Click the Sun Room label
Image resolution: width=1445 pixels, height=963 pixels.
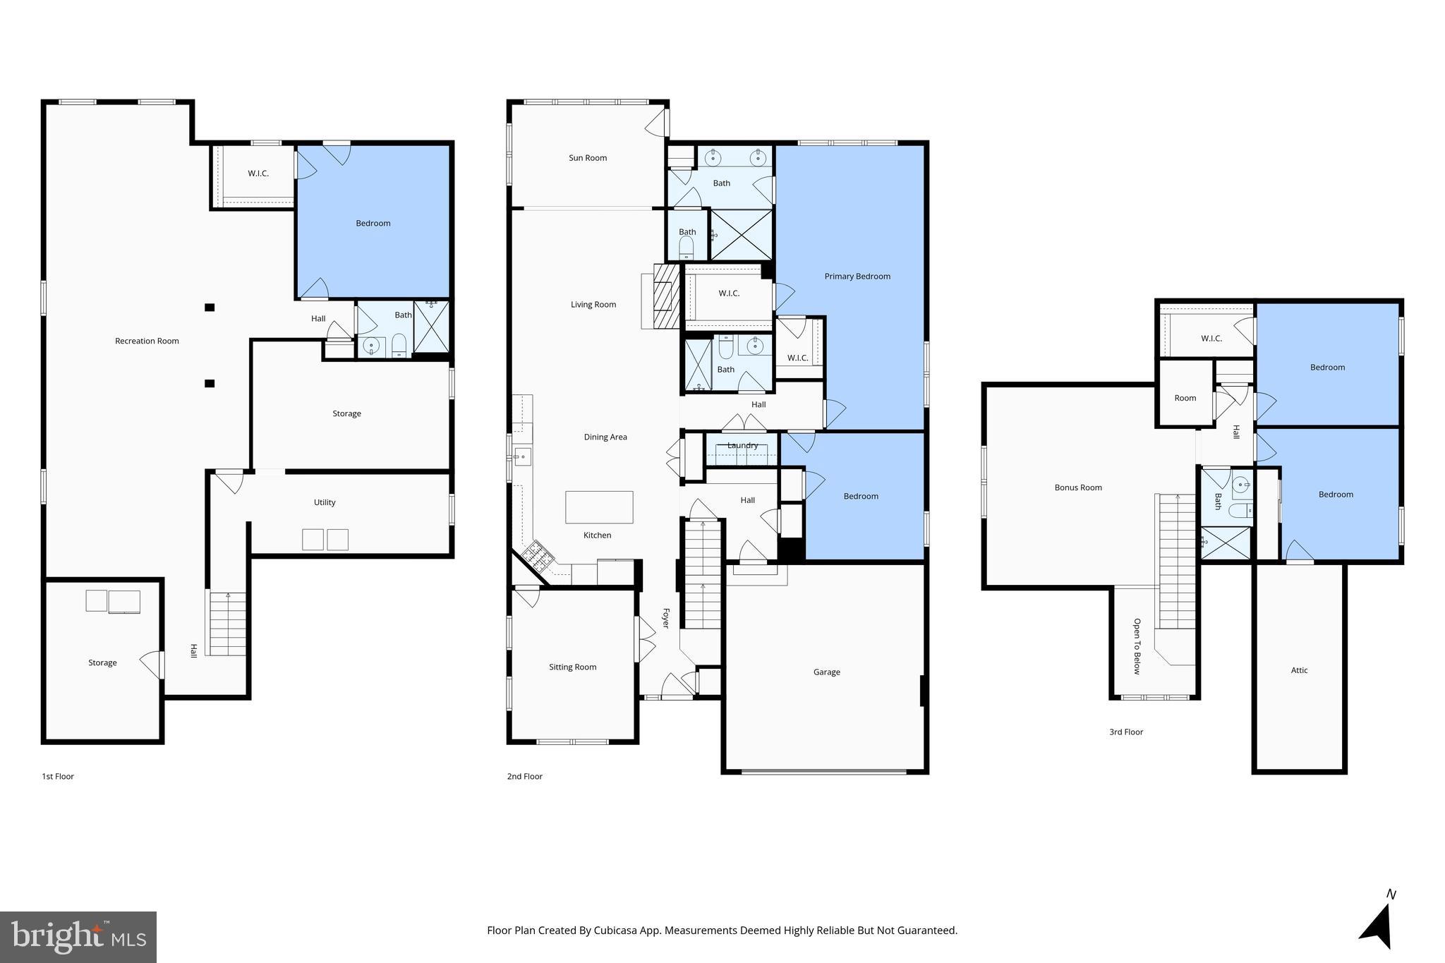click(x=587, y=158)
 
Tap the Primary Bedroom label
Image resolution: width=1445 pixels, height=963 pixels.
click(x=857, y=277)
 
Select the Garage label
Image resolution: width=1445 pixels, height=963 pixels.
click(x=826, y=672)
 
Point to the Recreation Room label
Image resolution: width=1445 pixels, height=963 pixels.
click(x=147, y=341)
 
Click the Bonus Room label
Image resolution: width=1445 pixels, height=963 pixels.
click(x=1077, y=487)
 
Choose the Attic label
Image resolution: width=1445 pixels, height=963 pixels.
click(x=1299, y=671)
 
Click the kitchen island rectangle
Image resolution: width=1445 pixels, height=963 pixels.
click(x=598, y=507)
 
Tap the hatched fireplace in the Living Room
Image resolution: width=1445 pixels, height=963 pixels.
click(x=666, y=296)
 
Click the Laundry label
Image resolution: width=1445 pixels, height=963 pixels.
click(x=742, y=446)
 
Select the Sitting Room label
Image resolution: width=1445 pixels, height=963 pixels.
click(x=572, y=667)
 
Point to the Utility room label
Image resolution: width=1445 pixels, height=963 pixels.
click(x=325, y=503)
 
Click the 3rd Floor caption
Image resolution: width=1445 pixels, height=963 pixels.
click(x=1125, y=732)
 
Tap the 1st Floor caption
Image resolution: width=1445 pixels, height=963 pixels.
click(x=58, y=777)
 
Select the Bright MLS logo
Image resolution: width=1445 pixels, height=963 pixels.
click(x=78, y=937)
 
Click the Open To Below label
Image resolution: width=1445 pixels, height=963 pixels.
click(x=1137, y=646)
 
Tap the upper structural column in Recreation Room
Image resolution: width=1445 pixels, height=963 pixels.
click(x=210, y=308)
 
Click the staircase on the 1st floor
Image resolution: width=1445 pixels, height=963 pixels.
click(x=227, y=624)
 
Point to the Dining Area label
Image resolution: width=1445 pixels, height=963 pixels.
click(x=605, y=437)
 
